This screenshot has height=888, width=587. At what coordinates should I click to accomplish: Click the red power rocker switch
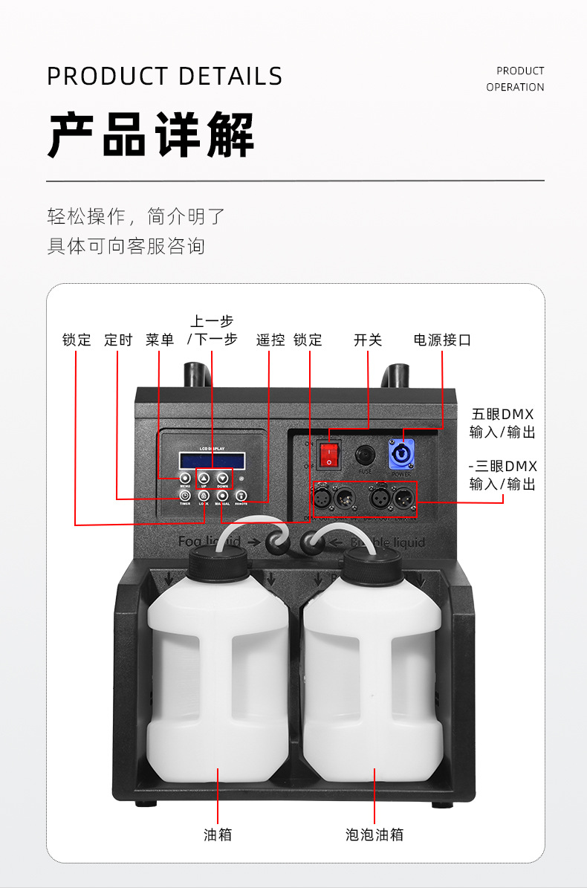pyautogui.click(x=328, y=454)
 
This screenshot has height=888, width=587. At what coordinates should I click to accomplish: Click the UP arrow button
pyautogui.click(x=204, y=479)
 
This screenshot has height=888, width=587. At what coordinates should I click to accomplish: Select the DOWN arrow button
pyautogui.click(x=222, y=479)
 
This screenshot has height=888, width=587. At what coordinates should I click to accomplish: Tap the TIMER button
pyautogui.click(x=185, y=496)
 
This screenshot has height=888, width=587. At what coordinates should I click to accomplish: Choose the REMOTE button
pyautogui.click(x=241, y=496)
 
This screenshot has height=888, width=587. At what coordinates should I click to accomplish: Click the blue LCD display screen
pyautogui.click(x=211, y=460)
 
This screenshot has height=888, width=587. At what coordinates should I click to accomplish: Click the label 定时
pyautogui.click(x=118, y=340)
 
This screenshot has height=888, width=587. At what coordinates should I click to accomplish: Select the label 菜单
pyautogui.click(x=160, y=340)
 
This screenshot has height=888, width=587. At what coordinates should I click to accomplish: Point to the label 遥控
pyautogui.click(x=270, y=340)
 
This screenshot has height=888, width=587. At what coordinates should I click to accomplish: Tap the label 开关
pyautogui.click(x=368, y=340)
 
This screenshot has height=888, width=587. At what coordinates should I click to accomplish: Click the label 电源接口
pyautogui.click(x=442, y=340)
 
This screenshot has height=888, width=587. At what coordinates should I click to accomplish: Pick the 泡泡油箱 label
pyautogui.click(x=374, y=834)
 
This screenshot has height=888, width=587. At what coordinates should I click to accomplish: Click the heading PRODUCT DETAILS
pyautogui.click(x=165, y=77)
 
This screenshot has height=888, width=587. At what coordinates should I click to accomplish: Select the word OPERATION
pyautogui.click(x=515, y=87)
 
